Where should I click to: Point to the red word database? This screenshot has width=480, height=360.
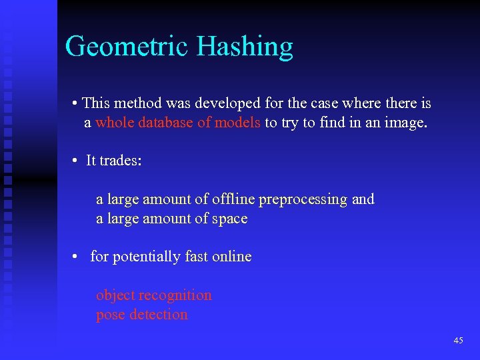tap(166, 123)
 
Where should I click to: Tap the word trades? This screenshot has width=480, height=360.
tap(120, 161)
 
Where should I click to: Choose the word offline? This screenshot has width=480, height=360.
tap(233, 199)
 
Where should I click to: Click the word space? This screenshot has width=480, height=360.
tap(230, 218)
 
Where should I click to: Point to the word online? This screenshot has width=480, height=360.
tap(231, 256)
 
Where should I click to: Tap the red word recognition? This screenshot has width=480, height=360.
tap(175, 295)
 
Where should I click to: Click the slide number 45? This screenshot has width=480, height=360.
tap(458, 341)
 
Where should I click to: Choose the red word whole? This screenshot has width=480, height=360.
tap(115, 123)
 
